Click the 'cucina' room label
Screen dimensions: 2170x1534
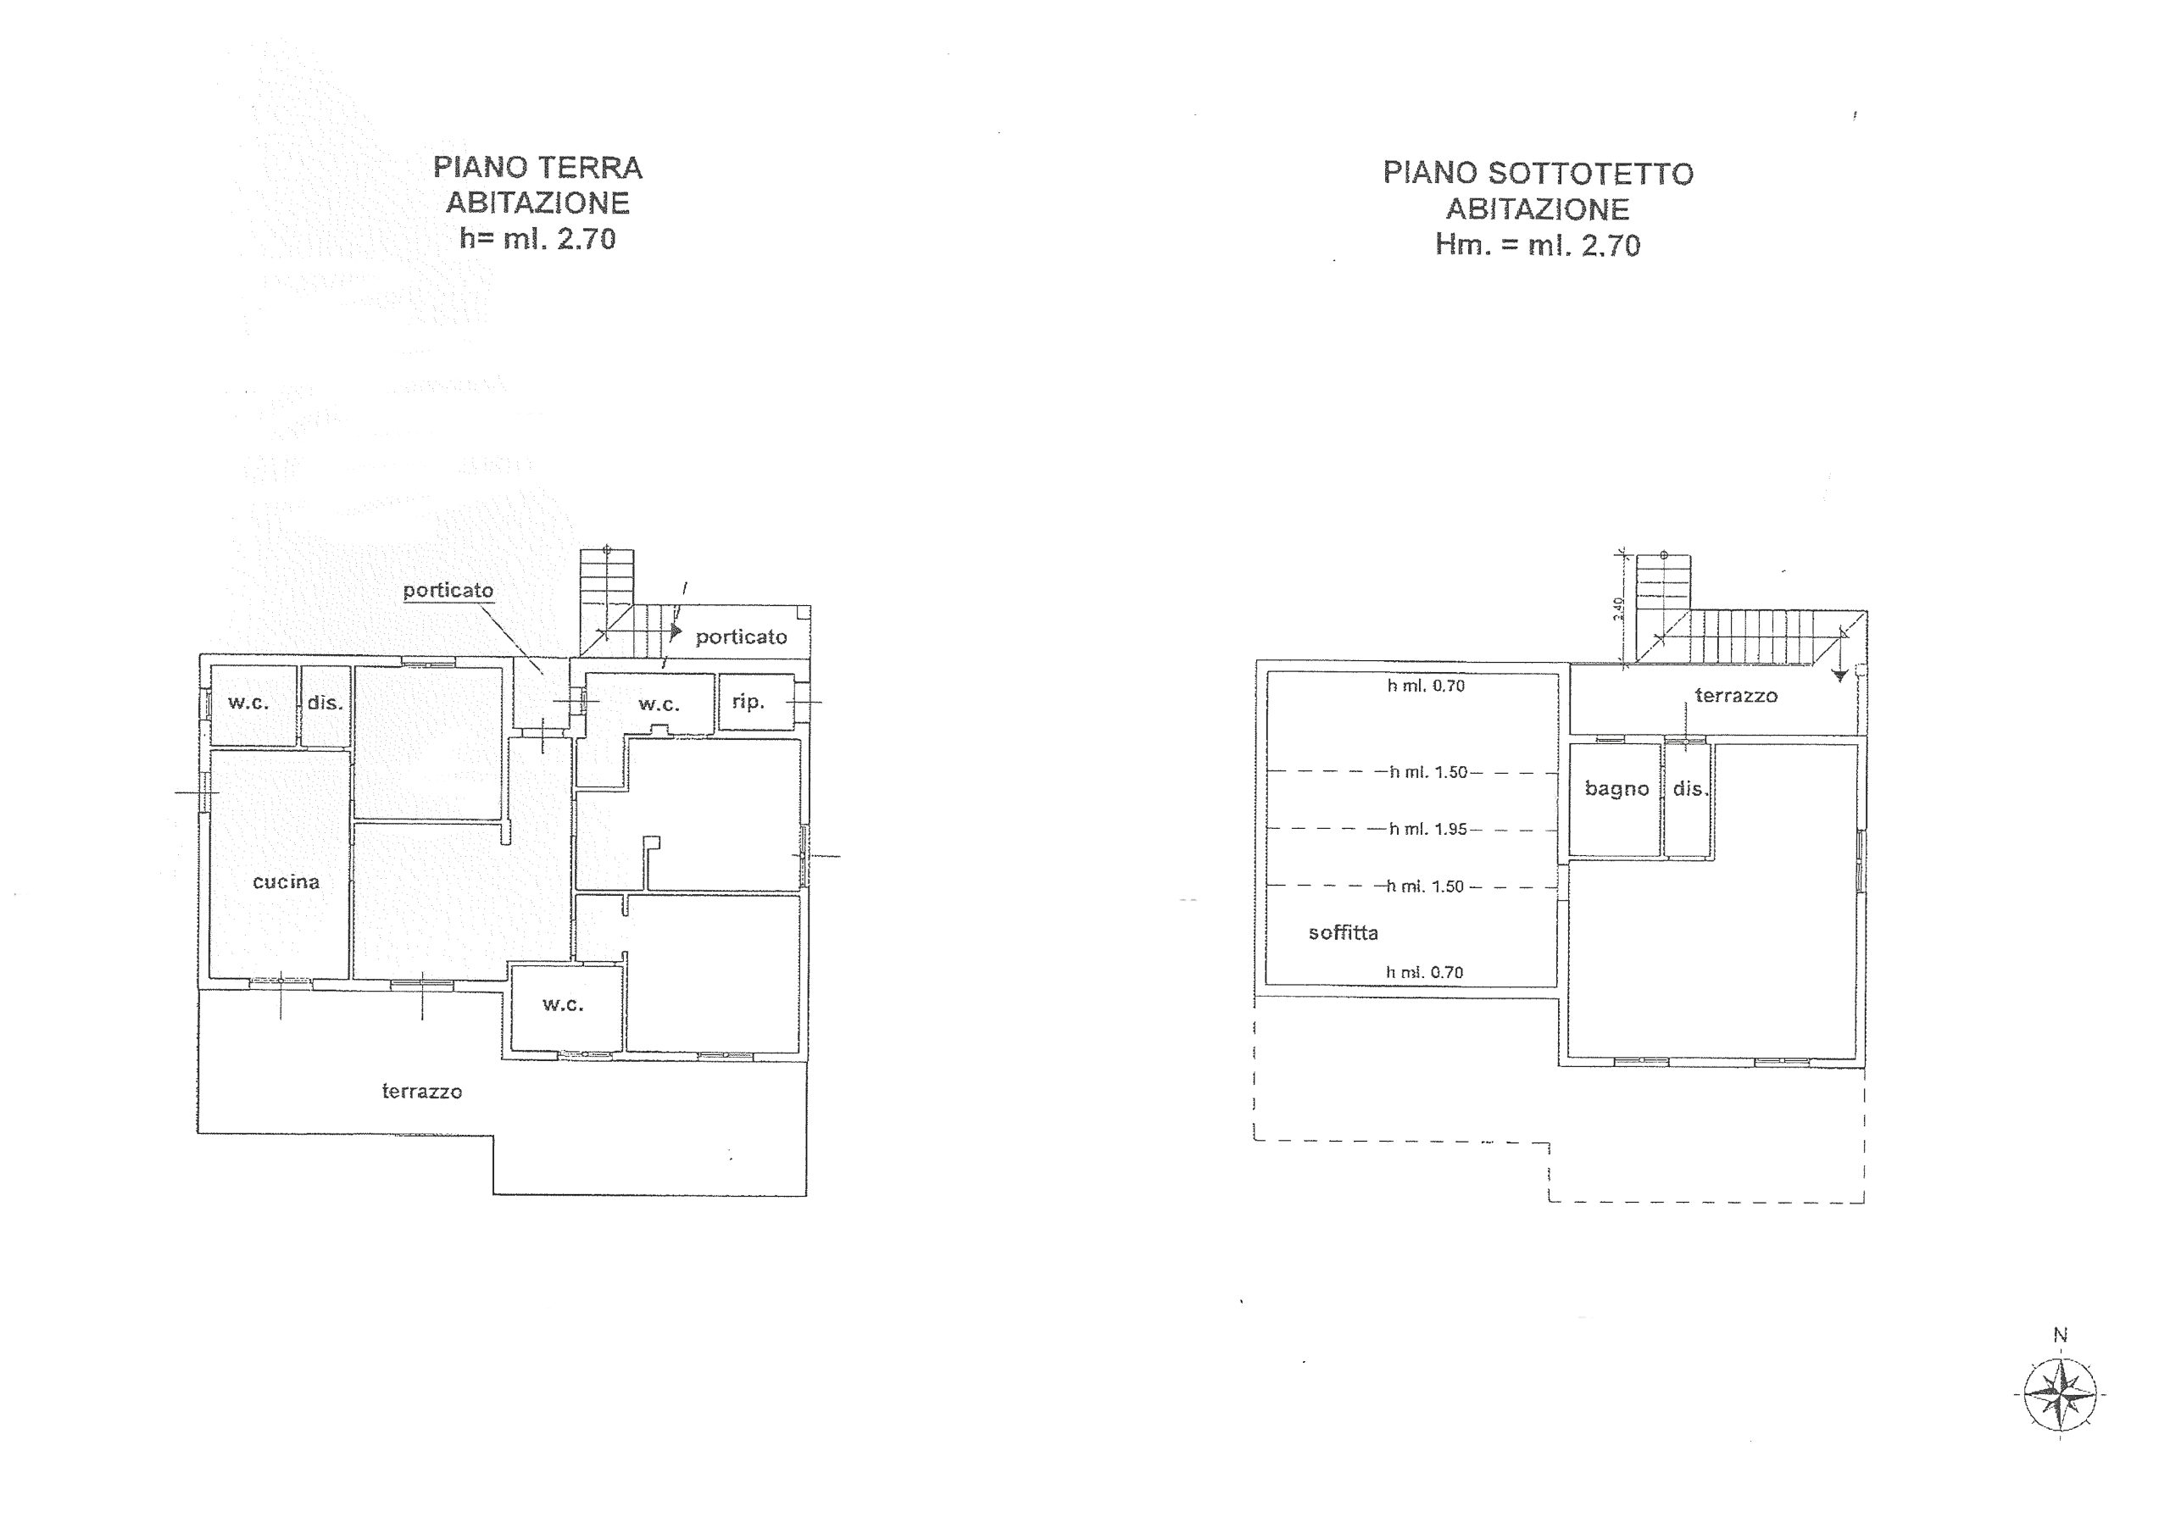286,881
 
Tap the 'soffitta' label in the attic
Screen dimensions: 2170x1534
1343,933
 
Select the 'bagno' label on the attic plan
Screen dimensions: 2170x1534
1617,789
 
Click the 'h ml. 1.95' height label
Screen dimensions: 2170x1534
1427,829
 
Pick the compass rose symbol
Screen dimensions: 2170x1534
2061,1394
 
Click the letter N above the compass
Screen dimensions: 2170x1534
2061,1335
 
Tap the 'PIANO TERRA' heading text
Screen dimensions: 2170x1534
537,167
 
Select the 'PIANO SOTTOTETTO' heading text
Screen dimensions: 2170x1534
1538,173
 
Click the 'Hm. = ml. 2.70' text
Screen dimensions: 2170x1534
1538,245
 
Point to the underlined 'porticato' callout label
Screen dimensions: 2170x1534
448,591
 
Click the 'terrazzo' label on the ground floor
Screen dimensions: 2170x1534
421,1092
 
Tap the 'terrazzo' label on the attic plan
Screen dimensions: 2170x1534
1736,696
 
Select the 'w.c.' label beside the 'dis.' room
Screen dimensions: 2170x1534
248,703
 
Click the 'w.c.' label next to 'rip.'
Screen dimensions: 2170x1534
659,704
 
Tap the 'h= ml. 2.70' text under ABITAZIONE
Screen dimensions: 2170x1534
537,238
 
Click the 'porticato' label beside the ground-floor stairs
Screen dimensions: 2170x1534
741,637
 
